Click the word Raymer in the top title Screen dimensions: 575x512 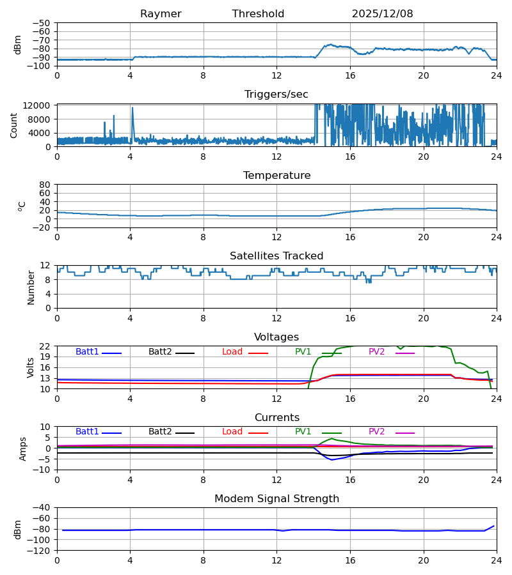(x=161, y=14)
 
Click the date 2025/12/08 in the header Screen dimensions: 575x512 (x=382, y=14)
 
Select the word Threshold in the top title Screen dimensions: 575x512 (x=258, y=14)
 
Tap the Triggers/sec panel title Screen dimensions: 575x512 (x=276, y=95)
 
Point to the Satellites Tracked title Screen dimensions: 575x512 (x=276, y=256)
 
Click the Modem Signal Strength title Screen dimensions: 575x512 (x=276, y=499)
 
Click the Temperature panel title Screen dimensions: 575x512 (x=276, y=176)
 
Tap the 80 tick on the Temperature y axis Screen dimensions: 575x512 (x=45, y=185)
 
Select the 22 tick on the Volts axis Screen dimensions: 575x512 (x=45, y=346)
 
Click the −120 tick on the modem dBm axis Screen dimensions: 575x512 (x=40, y=550)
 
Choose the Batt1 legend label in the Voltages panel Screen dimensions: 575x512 (x=87, y=352)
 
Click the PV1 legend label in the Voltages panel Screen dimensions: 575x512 (x=303, y=352)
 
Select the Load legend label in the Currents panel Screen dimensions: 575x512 (x=232, y=432)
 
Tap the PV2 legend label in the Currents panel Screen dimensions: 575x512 (x=376, y=432)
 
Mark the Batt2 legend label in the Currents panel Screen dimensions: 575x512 (x=160, y=432)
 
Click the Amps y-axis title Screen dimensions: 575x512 (x=24, y=448)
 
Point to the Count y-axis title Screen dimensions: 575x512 (x=14, y=125)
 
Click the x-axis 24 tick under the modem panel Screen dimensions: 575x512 (x=496, y=560)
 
